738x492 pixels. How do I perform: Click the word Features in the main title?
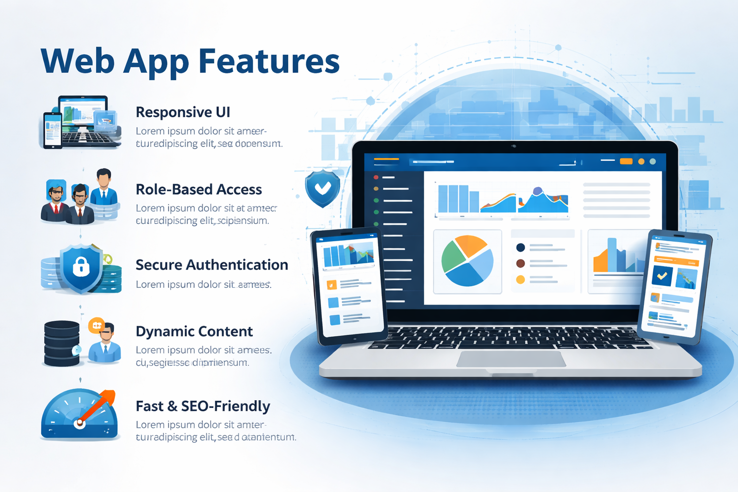pyautogui.click(x=269, y=61)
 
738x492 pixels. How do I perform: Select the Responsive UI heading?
pyautogui.click(x=183, y=112)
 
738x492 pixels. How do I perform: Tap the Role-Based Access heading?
pyautogui.click(x=198, y=189)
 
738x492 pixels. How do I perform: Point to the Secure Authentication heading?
pyautogui.click(x=211, y=265)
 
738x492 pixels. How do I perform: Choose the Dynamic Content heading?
pyautogui.click(x=194, y=332)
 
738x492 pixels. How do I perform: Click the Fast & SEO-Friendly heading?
pyautogui.click(x=203, y=406)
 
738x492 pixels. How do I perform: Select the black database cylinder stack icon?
pyautogui.click(x=62, y=343)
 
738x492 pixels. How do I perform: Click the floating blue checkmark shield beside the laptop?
pyautogui.click(x=322, y=188)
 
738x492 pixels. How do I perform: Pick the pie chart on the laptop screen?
pyautogui.click(x=467, y=261)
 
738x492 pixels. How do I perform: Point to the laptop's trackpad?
pyautogui.click(x=511, y=359)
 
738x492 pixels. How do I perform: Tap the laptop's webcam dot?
pyautogui.click(x=514, y=146)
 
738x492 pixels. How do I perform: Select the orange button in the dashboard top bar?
pyautogui.click(x=626, y=161)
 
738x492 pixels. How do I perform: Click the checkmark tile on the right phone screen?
pyautogui.click(x=662, y=276)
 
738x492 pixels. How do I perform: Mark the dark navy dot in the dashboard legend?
pyautogui.click(x=520, y=248)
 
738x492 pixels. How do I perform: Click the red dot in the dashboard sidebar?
pyautogui.click(x=376, y=177)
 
